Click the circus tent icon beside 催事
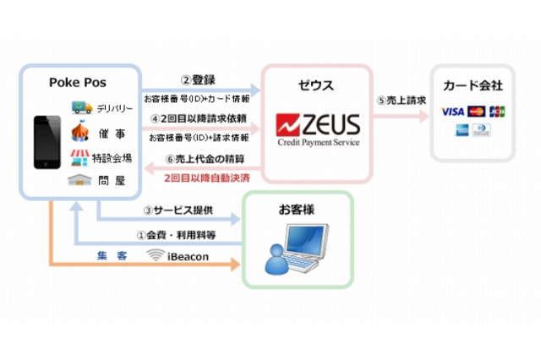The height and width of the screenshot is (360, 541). (x=82, y=132)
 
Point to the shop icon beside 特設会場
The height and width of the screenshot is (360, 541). (x=82, y=157)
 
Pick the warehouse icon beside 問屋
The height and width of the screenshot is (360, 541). (x=82, y=181)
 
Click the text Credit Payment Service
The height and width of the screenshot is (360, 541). (x=317, y=143)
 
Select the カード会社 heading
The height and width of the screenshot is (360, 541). (x=473, y=86)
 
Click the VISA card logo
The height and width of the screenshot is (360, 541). (x=452, y=112)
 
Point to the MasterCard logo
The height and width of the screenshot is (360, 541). (x=476, y=112)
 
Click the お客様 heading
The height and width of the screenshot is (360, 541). (x=297, y=209)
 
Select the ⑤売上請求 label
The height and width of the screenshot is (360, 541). (x=401, y=100)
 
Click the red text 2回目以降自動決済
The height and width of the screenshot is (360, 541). (x=206, y=178)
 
